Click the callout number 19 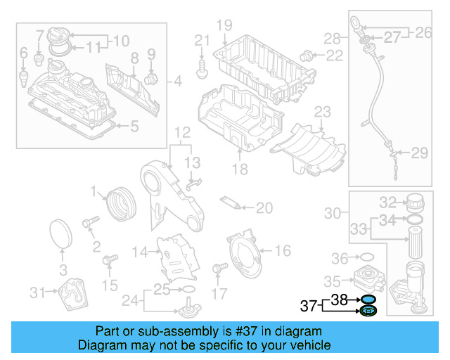(x=224, y=26)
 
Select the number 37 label (x=309, y=306)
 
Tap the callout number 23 (x=322, y=112)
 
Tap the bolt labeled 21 (x=202, y=67)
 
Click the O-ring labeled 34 (x=415, y=220)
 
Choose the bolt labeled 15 (x=108, y=262)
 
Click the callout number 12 (x=182, y=132)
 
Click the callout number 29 (x=419, y=153)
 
